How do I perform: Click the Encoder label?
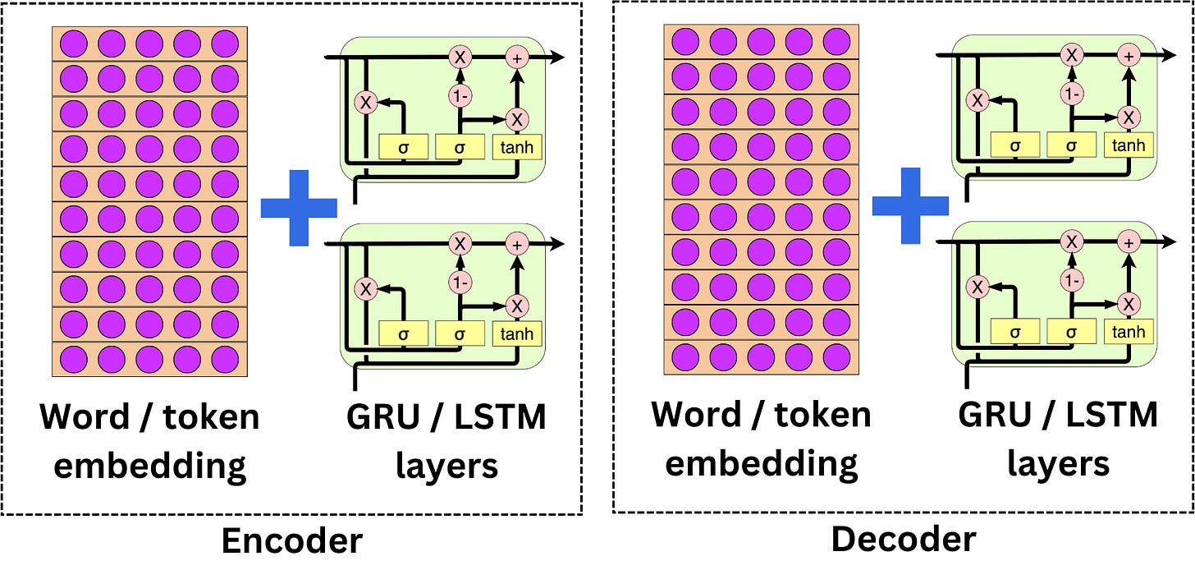[x=291, y=543]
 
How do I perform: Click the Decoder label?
[x=904, y=540]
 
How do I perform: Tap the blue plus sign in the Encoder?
[x=299, y=209]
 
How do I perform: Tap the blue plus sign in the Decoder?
[x=910, y=206]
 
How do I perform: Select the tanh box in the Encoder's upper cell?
[x=517, y=147]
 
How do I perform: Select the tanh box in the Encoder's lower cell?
[x=517, y=333]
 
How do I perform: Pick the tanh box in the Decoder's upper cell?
[x=1129, y=145]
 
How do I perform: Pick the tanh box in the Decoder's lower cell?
[x=1129, y=332]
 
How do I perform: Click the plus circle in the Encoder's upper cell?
[x=517, y=57]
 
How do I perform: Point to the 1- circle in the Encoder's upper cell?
[x=460, y=95]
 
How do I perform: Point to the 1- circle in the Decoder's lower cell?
[x=1072, y=280]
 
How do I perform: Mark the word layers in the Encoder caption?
[x=447, y=466]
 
